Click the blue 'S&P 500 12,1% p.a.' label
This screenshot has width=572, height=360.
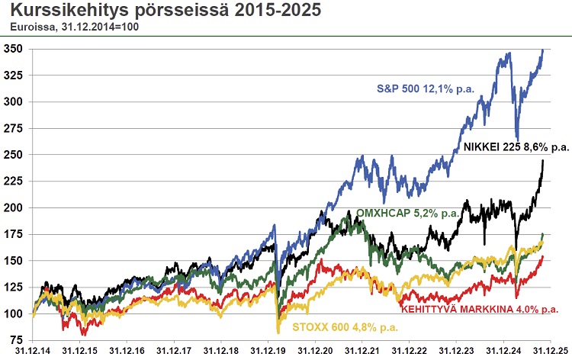pos(426,88)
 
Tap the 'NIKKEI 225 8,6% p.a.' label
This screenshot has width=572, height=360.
pos(516,146)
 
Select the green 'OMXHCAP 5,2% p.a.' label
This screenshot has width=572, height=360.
pos(407,214)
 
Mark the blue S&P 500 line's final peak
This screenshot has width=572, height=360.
pos(542,50)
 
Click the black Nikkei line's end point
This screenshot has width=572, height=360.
pos(543,160)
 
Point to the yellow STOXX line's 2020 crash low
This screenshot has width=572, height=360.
pos(278,331)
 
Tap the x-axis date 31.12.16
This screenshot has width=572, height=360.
pos(127,350)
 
